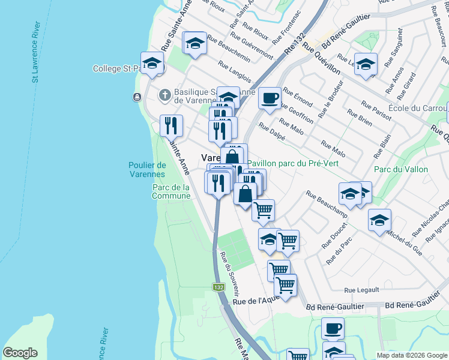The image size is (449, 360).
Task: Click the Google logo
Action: (20, 353)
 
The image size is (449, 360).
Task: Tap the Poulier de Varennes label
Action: (147, 170)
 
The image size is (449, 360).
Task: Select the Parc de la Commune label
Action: (171, 191)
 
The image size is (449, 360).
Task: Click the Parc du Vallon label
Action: (401, 169)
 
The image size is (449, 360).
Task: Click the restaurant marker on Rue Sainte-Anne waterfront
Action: (172, 125)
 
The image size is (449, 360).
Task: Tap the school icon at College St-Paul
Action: (152, 62)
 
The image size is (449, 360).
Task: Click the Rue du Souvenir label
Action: (229, 274)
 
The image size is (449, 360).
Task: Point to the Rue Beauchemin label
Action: (229, 49)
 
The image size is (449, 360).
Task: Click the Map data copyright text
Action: (411, 355)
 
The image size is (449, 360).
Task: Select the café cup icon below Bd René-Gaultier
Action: (333, 328)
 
